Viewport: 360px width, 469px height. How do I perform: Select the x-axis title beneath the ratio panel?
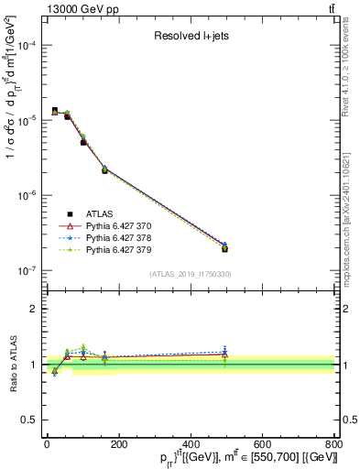coord(190,457)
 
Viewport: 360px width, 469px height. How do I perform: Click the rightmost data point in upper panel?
coord(224,247)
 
